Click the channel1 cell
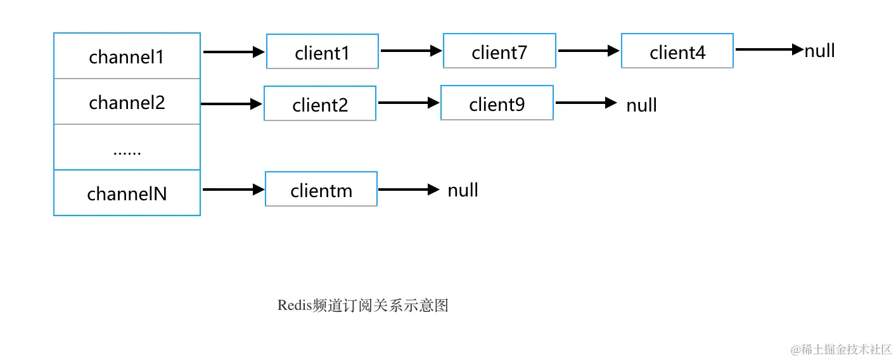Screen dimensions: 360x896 click(x=127, y=56)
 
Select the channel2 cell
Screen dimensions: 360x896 click(x=127, y=102)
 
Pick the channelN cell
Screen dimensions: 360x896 click(x=127, y=193)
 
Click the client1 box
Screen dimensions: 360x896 click(x=322, y=52)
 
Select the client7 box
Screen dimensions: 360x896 click(x=499, y=51)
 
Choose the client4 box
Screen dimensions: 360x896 click(x=677, y=51)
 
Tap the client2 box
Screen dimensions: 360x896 click(x=320, y=104)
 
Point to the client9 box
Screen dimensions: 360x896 click(x=497, y=103)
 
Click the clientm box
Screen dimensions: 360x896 click(x=321, y=190)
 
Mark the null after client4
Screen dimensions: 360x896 click(x=819, y=51)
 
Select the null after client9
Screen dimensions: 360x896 click(x=641, y=105)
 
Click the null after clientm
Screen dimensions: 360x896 click(x=463, y=190)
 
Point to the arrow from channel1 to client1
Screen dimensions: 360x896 click(x=233, y=53)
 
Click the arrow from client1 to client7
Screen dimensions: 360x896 click(x=411, y=51)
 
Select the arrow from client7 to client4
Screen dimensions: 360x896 click(x=588, y=51)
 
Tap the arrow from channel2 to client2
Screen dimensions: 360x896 click(x=231, y=104)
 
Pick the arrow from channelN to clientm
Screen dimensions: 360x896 click(x=233, y=189)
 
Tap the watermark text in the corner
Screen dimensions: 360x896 click(x=841, y=349)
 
